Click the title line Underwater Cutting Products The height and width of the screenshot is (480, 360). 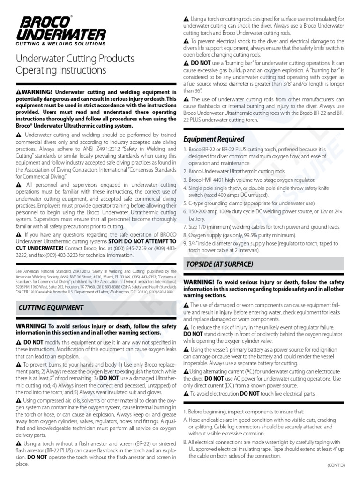pyautogui.click(x=75, y=59)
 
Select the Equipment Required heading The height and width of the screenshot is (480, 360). pyautogui.click(x=213, y=139)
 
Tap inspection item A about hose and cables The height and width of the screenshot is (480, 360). pyautogui.click(x=262, y=421)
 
